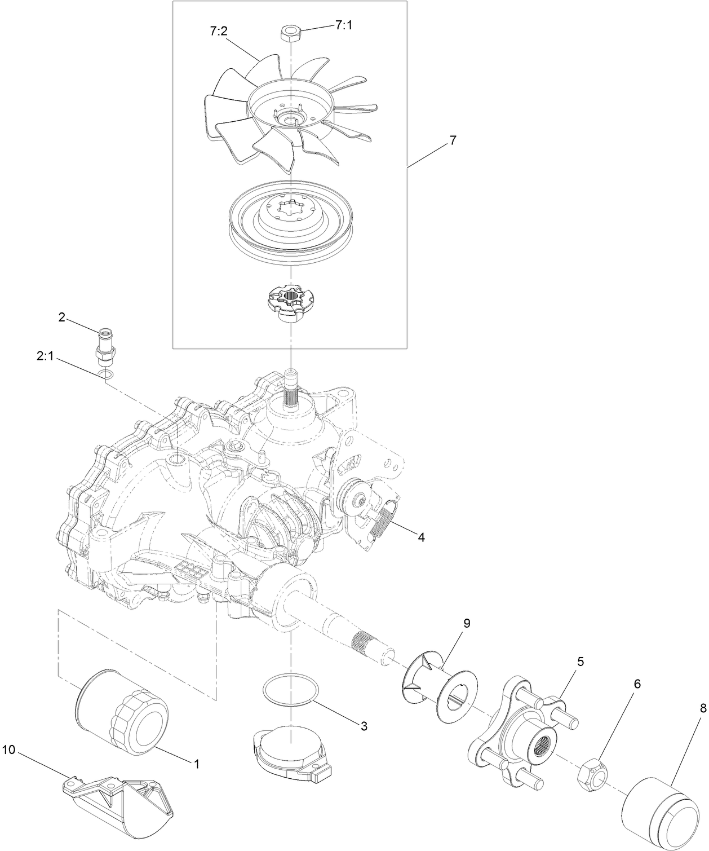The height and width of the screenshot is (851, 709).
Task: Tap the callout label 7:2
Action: click(219, 31)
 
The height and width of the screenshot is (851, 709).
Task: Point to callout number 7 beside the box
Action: click(452, 126)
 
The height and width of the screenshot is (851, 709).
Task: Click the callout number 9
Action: click(467, 623)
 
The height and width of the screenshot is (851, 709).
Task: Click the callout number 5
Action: click(580, 662)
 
